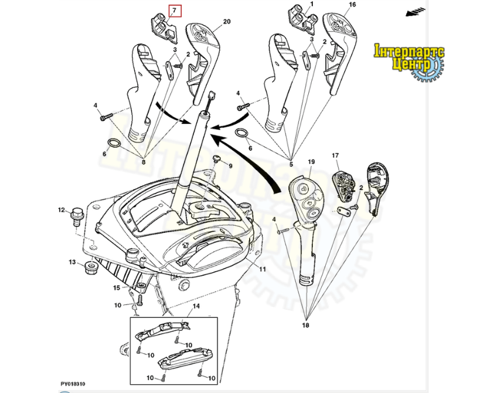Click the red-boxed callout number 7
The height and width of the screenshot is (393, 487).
[x=174, y=11]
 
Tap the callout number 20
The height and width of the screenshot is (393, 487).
[x=226, y=22]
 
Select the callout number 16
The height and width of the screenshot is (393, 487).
[x=352, y=5]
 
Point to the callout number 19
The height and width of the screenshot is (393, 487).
[x=311, y=161]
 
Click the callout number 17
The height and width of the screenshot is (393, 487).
[x=335, y=156]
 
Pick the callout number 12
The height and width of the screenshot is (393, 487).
[x=61, y=210]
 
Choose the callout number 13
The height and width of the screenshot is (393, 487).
[x=72, y=262]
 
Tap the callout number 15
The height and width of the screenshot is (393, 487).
[x=117, y=287]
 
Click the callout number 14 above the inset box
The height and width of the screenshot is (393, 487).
[x=196, y=307]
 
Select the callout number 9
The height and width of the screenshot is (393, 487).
[x=230, y=166]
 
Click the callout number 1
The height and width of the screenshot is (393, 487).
[x=312, y=4]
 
